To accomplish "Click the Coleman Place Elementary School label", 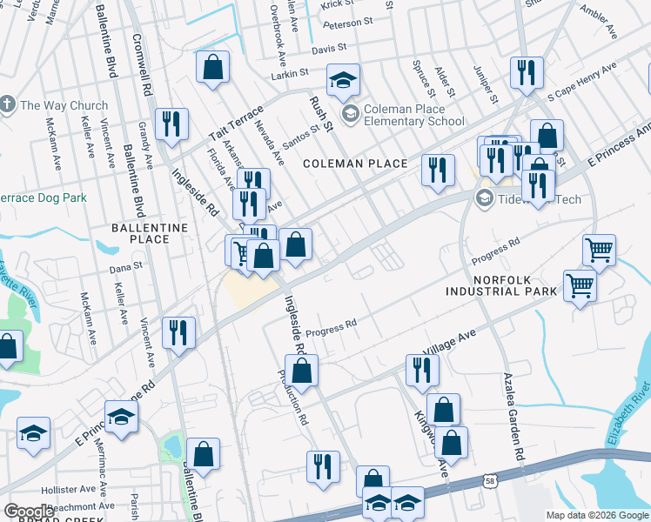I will pyautogui.click(x=413, y=115).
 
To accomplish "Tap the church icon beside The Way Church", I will pyautogui.click(x=7, y=105).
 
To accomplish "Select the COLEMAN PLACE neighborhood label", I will pyautogui.click(x=355, y=164).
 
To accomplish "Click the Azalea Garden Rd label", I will pyautogui.click(x=513, y=417).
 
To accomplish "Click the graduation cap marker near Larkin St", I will pyautogui.click(x=344, y=81).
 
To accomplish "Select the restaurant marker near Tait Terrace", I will pyautogui.click(x=171, y=124).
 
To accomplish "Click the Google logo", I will pyautogui.click(x=30, y=511).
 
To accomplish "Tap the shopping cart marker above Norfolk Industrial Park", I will pyautogui.click(x=599, y=250).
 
